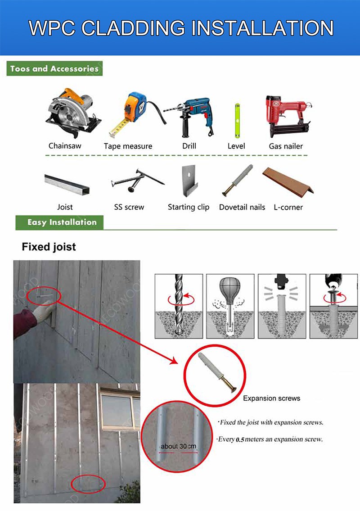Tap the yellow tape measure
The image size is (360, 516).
point(132,113)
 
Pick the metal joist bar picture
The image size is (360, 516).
point(67,184)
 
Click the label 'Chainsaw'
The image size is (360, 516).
point(65,146)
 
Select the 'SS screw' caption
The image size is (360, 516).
point(129,207)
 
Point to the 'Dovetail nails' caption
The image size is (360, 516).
point(242,207)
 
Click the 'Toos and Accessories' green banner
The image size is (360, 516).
point(54,69)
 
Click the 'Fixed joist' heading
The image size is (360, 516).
point(49,247)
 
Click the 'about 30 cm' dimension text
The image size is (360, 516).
point(179,446)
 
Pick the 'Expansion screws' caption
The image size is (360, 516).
point(271,398)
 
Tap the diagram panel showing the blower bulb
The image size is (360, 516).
point(231,306)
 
